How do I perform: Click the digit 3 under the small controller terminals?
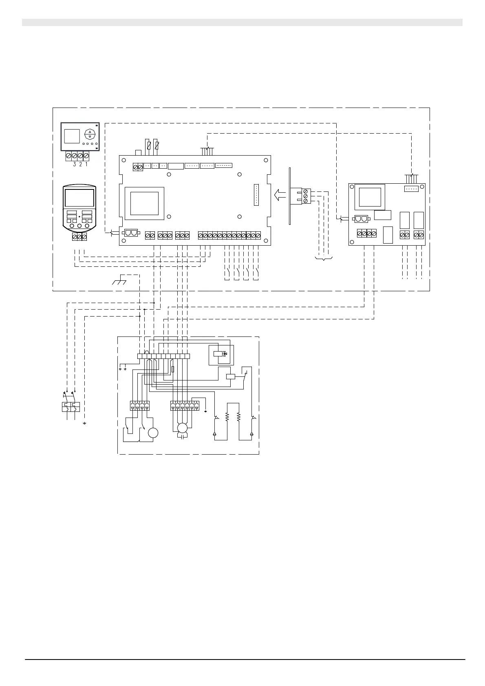pos(74,165)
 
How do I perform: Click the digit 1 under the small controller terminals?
pos(86,165)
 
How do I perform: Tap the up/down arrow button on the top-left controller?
pos(90,135)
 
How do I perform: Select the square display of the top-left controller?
pos(72,136)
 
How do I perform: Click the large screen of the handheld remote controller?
pos(79,198)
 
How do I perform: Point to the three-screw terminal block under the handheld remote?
pos(79,237)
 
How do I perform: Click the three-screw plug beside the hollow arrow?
pos(306,196)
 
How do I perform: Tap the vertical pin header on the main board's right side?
pos(256,195)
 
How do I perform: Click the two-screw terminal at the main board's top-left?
pos(138,167)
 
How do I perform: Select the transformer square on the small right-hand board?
pos(370,197)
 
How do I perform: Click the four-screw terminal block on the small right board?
pos(367,234)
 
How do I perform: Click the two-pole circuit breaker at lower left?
pos(70,407)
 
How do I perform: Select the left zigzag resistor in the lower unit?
pos(227,418)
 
